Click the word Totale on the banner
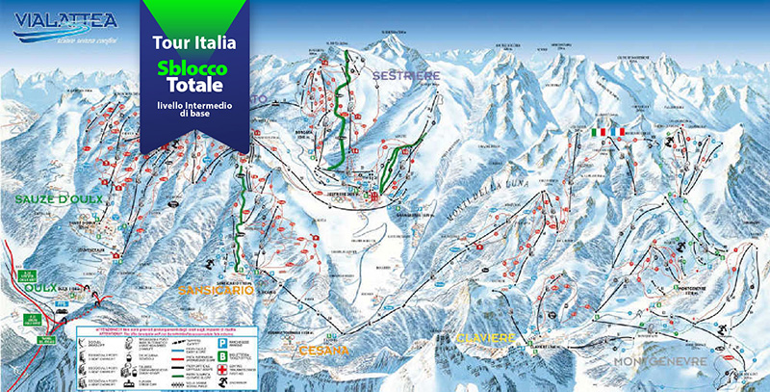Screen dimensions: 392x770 click(193, 85)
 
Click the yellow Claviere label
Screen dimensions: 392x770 click(487, 338)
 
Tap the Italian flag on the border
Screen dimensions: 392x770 click(584, 130)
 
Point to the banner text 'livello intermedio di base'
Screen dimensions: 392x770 click(193, 108)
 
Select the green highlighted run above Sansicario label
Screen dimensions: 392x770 click(244, 217)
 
